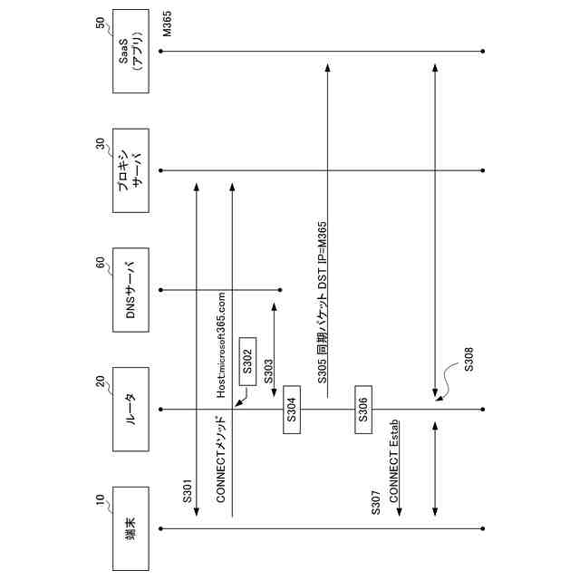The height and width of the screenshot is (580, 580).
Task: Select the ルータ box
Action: (x=130, y=409)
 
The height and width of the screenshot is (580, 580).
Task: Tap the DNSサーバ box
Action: (x=130, y=289)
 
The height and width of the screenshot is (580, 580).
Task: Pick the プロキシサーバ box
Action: (x=130, y=170)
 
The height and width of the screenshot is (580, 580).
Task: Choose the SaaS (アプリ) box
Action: (x=130, y=52)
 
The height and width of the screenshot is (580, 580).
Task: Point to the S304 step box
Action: (x=292, y=409)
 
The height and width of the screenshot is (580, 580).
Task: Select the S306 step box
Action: (x=362, y=409)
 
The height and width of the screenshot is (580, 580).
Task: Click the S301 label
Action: (x=188, y=489)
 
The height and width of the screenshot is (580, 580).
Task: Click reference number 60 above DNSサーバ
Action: (x=101, y=268)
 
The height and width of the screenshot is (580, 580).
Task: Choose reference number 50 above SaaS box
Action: (x=101, y=30)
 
